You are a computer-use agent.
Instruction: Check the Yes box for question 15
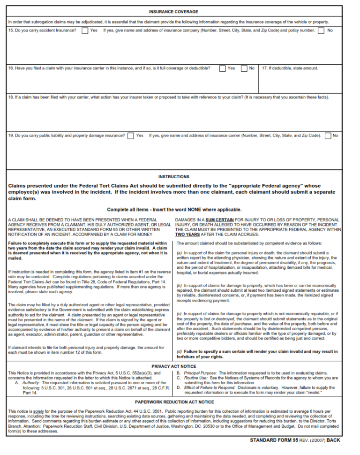point(84,30)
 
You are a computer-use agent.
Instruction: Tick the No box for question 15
point(321,30)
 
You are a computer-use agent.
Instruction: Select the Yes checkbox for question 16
point(222,68)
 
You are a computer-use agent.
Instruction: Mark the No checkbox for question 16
point(244,68)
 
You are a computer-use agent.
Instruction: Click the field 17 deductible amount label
point(290,68)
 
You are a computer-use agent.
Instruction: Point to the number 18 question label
point(10,98)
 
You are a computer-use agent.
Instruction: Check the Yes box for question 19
point(130,136)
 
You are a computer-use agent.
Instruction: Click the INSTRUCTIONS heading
point(173,177)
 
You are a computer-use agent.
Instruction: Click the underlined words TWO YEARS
point(187,234)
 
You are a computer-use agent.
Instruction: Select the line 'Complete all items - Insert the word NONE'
point(174,210)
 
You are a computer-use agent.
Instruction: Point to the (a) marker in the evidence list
point(180,253)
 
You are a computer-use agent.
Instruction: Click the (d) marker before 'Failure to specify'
point(180,351)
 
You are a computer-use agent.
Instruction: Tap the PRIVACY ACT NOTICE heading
point(173,366)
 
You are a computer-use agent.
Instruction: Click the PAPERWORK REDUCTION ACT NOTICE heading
point(174,402)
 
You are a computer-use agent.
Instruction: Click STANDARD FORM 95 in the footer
point(274,440)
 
